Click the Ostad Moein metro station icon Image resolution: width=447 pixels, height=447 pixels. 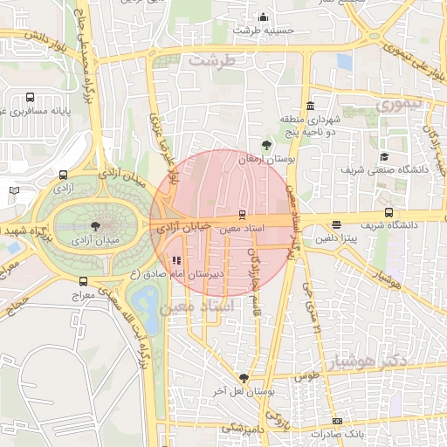tap(243, 215)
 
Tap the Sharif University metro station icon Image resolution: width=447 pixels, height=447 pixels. tap(389, 212)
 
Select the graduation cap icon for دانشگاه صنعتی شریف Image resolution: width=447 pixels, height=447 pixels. tap(384, 157)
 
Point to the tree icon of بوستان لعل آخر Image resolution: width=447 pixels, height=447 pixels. tap(244, 378)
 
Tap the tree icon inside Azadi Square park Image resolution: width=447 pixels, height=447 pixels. tap(107, 224)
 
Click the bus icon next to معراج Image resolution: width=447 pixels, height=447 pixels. tap(83, 281)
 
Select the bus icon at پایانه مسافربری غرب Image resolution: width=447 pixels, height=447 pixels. tap(31, 98)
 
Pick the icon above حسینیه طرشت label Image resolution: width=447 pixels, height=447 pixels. tap(264, 17)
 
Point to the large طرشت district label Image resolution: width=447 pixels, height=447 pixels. tap(213, 60)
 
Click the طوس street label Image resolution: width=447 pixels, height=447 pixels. tap(307, 375)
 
